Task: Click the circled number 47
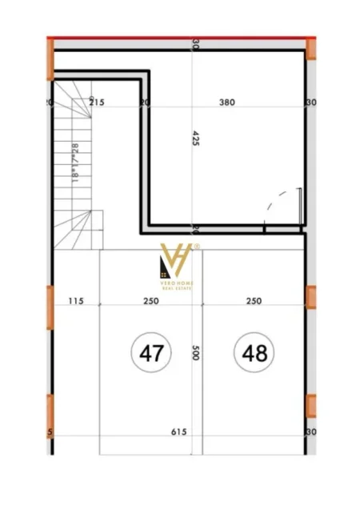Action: coord(152,351)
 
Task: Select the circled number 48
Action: coord(254,351)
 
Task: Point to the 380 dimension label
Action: coord(227,102)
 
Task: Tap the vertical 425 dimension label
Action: coord(196,139)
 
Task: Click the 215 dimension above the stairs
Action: coord(97,102)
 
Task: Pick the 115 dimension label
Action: coord(76,302)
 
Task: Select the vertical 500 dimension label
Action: coord(196,353)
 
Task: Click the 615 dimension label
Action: coord(178,432)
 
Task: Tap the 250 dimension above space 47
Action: coord(151,302)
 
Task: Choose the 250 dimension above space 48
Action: coord(254,302)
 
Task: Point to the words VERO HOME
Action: coord(178,289)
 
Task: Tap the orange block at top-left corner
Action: coord(50,58)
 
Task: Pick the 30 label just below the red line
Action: coord(196,46)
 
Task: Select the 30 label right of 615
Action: coord(311,432)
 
